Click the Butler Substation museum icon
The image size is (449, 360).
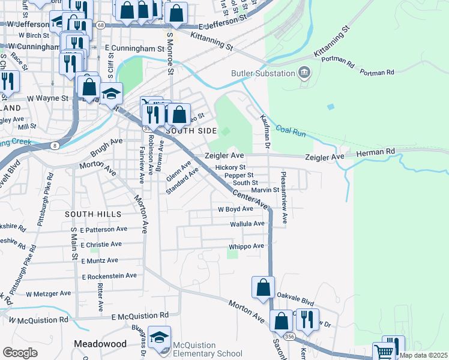(x=304, y=73)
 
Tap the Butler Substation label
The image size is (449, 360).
(x=264, y=74)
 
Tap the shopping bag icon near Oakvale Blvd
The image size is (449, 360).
(x=264, y=287)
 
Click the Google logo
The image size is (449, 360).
(x=20, y=353)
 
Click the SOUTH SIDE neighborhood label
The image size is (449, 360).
(x=190, y=130)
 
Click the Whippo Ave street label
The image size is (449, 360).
(x=246, y=247)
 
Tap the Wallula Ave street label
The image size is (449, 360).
(x=247, y=224)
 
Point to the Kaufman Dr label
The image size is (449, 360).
(x=265, y=131)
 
